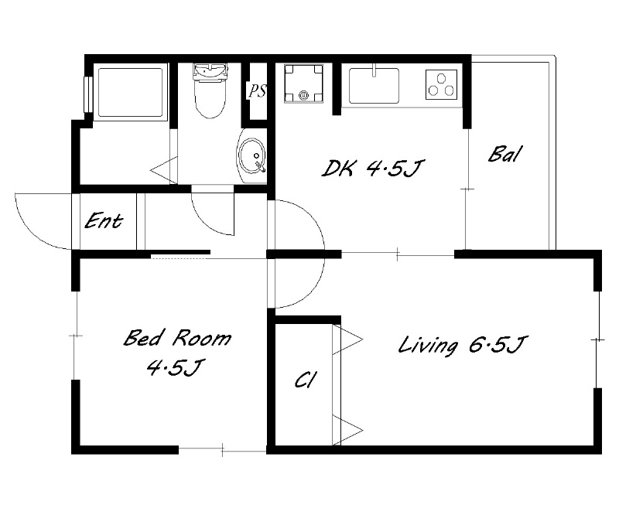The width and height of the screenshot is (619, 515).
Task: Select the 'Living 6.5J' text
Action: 462,346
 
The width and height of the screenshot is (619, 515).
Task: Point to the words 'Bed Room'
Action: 178,338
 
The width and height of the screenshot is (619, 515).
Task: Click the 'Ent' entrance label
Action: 104,220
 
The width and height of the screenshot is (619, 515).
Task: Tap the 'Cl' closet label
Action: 305,380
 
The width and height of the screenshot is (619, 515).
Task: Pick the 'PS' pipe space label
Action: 257,91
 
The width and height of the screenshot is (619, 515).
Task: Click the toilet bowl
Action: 210,90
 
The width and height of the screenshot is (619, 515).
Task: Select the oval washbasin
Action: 252,156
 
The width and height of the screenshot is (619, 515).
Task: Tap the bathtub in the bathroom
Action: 130,92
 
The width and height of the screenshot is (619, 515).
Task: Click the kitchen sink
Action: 374,85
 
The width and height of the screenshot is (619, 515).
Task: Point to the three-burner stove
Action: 441,84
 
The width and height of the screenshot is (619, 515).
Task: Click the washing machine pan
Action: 303,84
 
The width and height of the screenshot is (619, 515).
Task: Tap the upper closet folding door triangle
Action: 347,339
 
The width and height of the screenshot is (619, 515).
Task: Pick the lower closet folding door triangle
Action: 347,430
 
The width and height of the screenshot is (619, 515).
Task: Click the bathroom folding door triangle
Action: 163,170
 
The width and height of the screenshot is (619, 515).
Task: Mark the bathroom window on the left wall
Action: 88,94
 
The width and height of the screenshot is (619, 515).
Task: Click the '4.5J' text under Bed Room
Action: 174,368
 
